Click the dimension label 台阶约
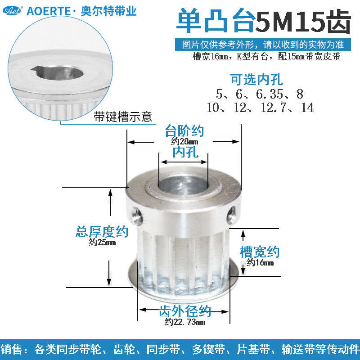coord(184,131)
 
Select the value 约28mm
coord(184,141)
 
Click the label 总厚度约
coord(102,232)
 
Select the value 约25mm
coord(102,243)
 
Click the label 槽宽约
coord(260,252)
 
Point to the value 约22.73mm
coord(184,322)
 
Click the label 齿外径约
coord(185,311)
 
